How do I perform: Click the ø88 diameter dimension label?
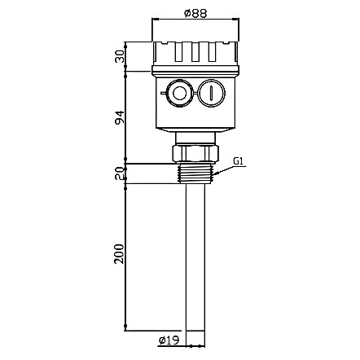196,12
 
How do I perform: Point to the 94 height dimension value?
119,117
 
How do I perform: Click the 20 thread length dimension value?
119,173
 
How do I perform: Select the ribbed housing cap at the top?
195,54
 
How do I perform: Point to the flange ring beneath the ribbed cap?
195,72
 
